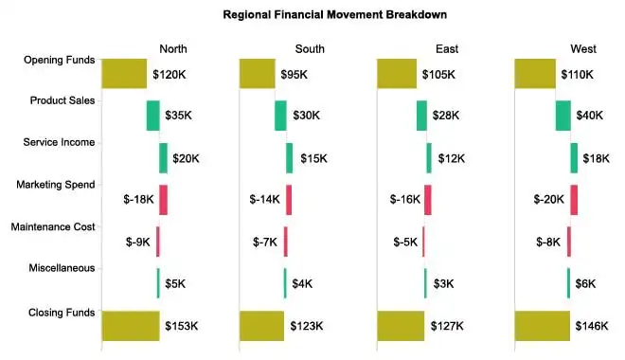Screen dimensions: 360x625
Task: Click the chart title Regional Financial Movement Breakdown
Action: coord(334,15)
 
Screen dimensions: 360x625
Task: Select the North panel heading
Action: coord(172,49)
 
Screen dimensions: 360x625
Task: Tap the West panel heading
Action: coord(583,49)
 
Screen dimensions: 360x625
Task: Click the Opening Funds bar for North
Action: coord(124,74)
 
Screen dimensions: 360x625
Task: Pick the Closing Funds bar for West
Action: coord(542,325)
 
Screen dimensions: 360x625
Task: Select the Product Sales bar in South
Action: coord(280,116)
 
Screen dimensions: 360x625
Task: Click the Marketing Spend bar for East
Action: coord(428,199)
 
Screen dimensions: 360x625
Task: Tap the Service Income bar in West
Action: coord(574,157)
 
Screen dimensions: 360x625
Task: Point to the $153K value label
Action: coord(181,326)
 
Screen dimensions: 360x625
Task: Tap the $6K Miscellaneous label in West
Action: coord(585,283)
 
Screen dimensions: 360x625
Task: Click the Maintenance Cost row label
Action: coord(52,227)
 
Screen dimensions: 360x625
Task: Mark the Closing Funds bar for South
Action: coord(261,325)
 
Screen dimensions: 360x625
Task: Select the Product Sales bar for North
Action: coord(152,116)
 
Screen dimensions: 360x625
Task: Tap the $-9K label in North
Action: coord(138,242)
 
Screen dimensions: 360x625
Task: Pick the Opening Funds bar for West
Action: coord(535,74)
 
